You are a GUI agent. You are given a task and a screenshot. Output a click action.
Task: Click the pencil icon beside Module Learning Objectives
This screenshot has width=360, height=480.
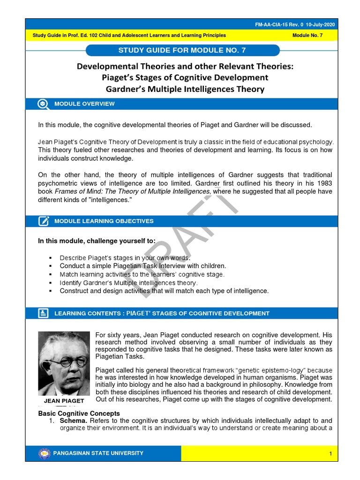(44, 221)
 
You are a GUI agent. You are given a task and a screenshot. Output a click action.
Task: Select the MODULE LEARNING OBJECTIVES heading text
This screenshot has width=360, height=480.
(104, 221)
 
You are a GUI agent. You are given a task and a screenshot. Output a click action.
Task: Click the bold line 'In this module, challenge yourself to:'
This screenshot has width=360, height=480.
(97, 241)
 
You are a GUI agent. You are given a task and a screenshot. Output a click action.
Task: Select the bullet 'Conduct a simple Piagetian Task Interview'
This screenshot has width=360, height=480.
(142, 266)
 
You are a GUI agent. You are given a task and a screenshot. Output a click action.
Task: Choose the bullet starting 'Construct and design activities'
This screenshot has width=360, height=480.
(164, 291)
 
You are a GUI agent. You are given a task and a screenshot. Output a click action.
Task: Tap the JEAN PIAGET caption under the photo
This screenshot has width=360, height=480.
(64, 401)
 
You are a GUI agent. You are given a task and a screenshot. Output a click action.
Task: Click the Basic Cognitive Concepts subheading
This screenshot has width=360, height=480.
(79, 413)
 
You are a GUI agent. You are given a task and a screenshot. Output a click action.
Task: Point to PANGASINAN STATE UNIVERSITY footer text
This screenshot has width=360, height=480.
(99, 453)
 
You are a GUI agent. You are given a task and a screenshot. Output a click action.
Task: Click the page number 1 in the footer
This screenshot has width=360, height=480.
(330, 454)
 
